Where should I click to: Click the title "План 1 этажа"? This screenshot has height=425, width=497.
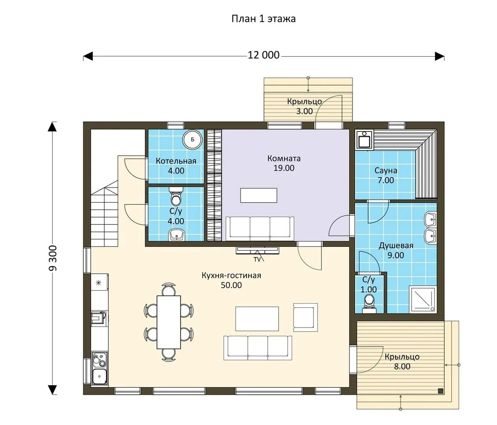pyautogui.click(x=263, y=19)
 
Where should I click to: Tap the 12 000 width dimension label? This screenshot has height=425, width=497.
pyautogui.click(x=263, y=55)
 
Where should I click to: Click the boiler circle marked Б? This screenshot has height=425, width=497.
pyautogui.click(x=192, y=139)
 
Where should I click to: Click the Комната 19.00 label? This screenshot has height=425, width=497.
pyautogui.click(x=284, y=163)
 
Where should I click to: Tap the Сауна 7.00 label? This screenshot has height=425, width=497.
pyautogui.click(x=386, y=175)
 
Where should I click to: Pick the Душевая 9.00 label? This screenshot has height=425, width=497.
pyautogui.click(x=396, y=250)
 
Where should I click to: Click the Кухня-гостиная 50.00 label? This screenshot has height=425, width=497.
pyautogui.click(x=231, y=280)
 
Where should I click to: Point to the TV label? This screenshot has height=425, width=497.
pyautogui.click(x=257, y=259)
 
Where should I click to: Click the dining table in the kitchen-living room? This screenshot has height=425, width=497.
pyautogui.click(x=169, y=322)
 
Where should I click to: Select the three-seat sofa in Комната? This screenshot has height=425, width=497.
pyautogui.click(x=260, y=228)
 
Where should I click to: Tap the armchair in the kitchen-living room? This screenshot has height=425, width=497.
pyautogui.click(x=306, y=317)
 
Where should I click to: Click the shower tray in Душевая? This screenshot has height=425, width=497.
pyautogui.click(x=422, y=299)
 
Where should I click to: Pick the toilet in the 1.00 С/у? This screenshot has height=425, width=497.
pyautogui.click(x=369, y=304)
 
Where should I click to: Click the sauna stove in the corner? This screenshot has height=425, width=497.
pyautogui.click(x=364, y=140)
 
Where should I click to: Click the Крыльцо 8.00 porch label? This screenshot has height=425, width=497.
pyautogui.click(x=402, y=362)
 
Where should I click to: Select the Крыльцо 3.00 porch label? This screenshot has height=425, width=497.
pyautogui.click(x=304, y=106)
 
